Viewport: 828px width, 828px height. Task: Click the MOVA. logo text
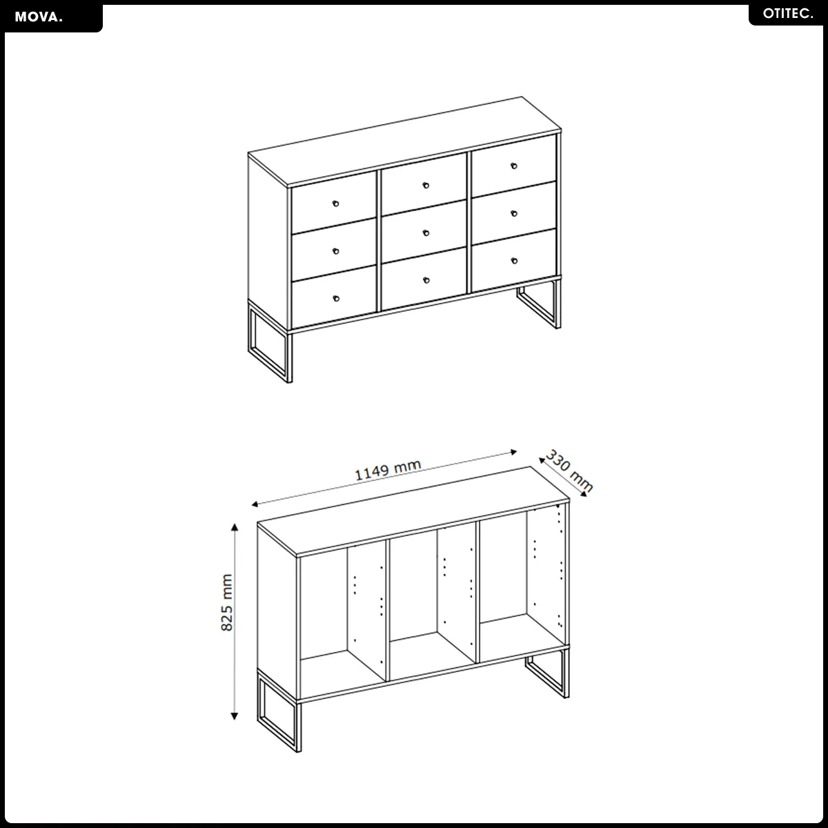click(39, 17)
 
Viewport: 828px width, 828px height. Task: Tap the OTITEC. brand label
click(788, 14)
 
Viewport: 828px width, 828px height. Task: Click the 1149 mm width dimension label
click(388, 470)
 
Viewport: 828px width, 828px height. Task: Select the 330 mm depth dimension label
click(569, 471)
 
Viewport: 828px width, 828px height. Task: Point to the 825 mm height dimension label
click(226, 602)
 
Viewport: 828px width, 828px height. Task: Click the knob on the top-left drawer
click(335, 204)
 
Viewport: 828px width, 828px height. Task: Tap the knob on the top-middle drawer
click(426, 185)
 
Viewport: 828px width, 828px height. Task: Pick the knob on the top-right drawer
click(514, 166)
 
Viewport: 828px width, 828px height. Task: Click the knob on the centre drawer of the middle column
click(426, 233)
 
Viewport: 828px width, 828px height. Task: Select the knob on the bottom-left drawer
click(336, 298)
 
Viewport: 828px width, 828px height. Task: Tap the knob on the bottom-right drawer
click(514, 260)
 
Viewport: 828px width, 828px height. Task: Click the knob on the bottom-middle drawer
click(426, 280)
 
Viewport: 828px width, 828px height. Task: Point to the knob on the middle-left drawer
click(335, 251)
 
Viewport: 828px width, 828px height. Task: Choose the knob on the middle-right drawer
click(514, 213)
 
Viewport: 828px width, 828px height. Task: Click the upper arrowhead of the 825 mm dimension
click(235, 527)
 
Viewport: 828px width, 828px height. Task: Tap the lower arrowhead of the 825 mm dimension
click(234, 716)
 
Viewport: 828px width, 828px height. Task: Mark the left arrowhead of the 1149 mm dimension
click(255, 504)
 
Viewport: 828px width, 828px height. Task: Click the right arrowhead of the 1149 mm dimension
click(513, 452)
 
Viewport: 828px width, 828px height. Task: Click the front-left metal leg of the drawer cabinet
click(270, 342)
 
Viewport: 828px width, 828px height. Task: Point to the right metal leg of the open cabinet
click(547, 673)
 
